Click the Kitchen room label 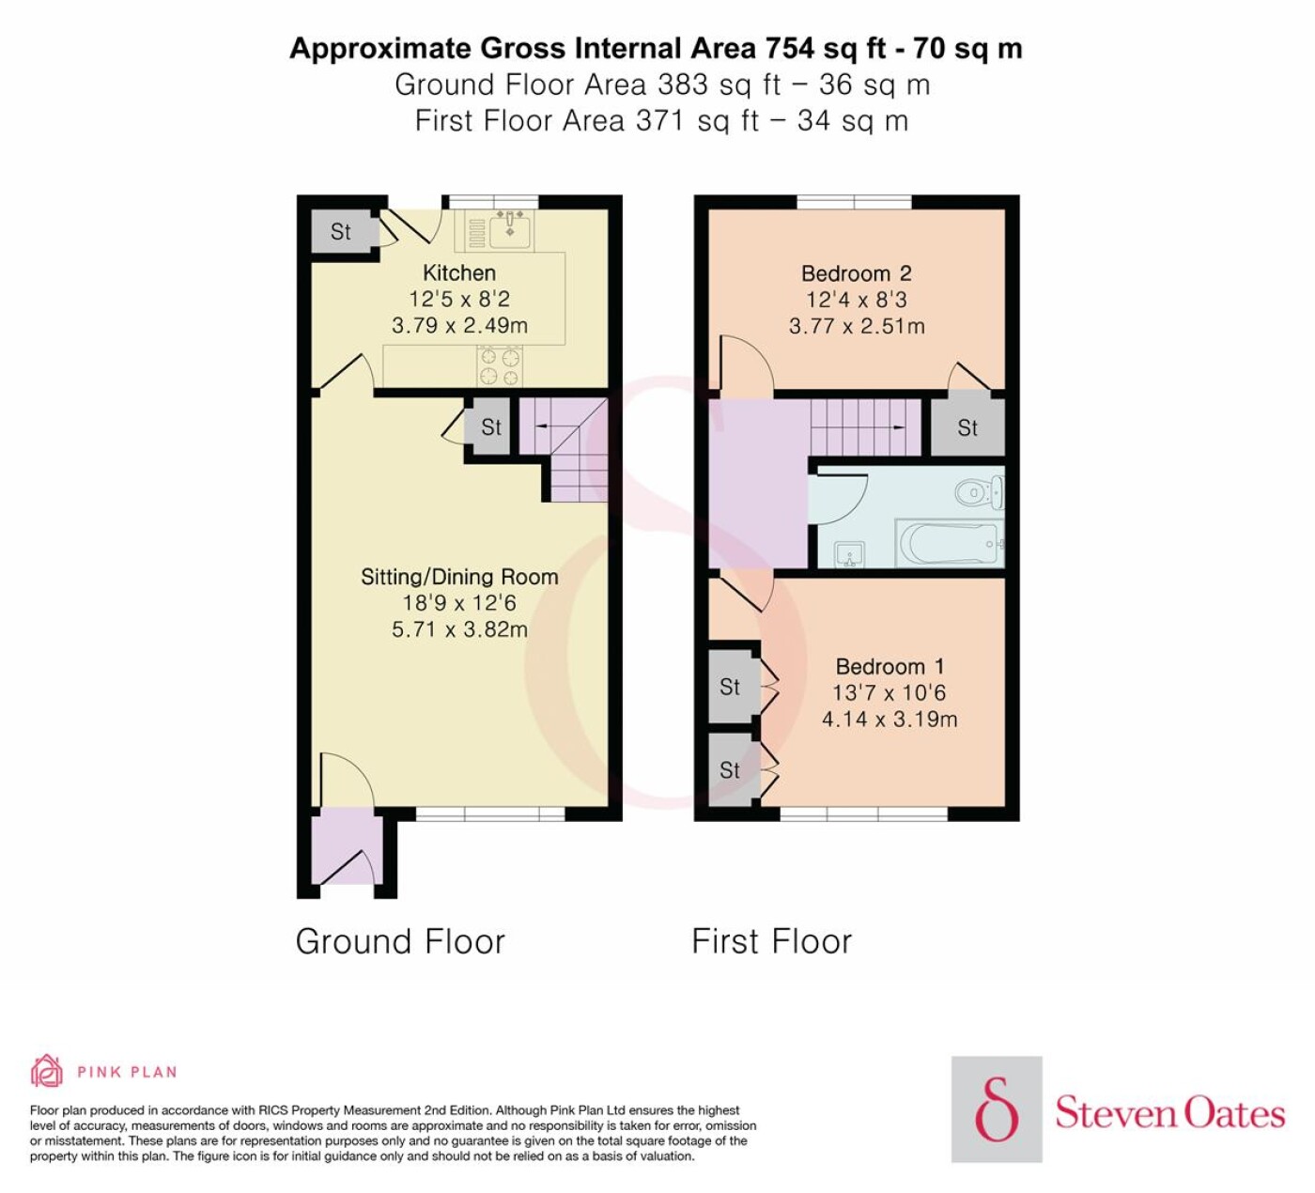pos(459,272)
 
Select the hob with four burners pos(501,366)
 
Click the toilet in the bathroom pos(980,492)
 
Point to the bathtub pos(951,544)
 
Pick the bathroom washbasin pos(849,555)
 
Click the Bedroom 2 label pos(856,273)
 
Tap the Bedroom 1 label pos(890,667)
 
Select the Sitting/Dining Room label pos(459,577)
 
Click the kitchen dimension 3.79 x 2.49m pos(459,326)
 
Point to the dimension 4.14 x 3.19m pos(890,720)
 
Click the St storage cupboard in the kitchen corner pos(341,231)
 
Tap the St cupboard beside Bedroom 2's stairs pos(967,427)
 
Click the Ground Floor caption pos(400,942)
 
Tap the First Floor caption pos(771,942)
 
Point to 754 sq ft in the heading pos(826,49)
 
